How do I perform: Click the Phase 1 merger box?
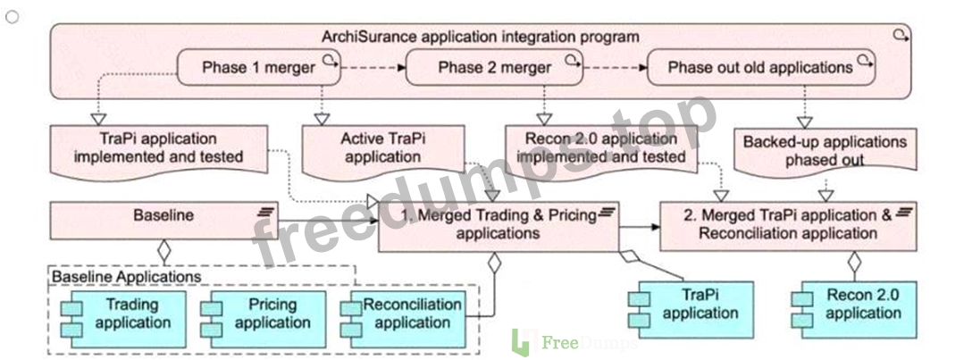pos(259,68)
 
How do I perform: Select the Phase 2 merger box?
pos(494,68)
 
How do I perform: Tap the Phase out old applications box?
pos(760,68)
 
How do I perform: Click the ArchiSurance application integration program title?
pos(481,37)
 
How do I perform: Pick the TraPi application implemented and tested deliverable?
pos(159,151)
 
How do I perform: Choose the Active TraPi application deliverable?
pos(383,151)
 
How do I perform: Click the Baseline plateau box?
pos(163,220)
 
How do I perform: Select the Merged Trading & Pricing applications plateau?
pos(499,225)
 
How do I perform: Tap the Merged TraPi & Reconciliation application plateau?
pos(787,225)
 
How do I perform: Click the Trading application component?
pos(123,314)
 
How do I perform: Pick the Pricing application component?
pos(263,314)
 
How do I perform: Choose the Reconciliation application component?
pos(403,314)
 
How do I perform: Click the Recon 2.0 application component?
pos(853,305)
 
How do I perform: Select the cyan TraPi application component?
pos(691,305)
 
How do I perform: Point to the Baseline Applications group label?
pos(127,276)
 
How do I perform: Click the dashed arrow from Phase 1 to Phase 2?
pos(373,68)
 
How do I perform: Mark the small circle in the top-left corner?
pos(12,17)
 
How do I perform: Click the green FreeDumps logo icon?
pos(522,343)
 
